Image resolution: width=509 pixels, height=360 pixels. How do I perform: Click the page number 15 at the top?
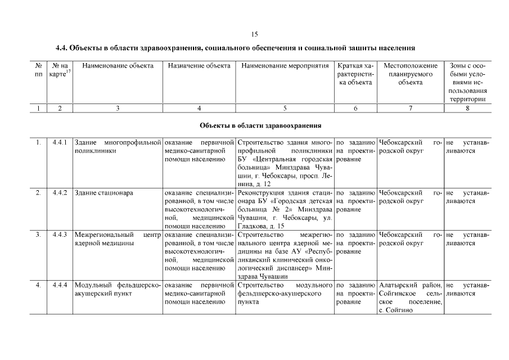click(255, 34)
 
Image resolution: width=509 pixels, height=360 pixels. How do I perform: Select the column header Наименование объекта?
click(118, 66)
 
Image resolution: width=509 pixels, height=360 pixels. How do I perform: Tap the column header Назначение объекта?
click(199, 66)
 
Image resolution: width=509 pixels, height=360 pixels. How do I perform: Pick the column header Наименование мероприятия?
click(285, 66)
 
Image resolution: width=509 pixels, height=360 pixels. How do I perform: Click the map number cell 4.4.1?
click(60, 142)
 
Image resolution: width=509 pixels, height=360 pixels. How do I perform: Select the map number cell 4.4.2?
click(60, 193)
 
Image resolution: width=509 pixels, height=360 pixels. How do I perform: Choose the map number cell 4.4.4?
click(60, 285)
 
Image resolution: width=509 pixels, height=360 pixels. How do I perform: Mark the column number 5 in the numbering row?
click(285, 108)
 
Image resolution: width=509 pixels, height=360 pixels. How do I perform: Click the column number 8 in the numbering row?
click(467, 108)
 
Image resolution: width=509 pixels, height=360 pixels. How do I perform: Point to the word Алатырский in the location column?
click(398, 285)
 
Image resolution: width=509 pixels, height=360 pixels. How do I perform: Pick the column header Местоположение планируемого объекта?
click(411, 74)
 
